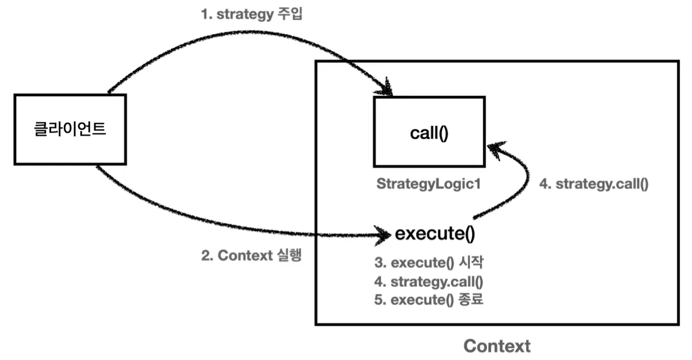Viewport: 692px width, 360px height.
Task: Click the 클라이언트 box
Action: coord(70,130)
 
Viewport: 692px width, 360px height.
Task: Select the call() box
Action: coord(429,132)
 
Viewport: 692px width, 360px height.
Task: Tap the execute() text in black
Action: coord(435,234)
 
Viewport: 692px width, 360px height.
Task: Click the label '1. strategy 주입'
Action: coord(251,14)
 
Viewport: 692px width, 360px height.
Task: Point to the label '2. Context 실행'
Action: coord(251,255)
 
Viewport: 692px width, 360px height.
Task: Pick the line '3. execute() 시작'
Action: coord(429,262)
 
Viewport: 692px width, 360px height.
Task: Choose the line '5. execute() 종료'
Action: coord(428,300)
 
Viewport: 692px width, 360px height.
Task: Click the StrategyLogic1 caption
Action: coord(428,184)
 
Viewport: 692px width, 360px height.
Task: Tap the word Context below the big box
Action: coord(497,346)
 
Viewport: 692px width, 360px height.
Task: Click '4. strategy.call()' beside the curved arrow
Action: coord(594,184)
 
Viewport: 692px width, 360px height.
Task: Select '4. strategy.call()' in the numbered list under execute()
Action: coord(428,281)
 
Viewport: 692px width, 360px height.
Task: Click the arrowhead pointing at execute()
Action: coord(383,235)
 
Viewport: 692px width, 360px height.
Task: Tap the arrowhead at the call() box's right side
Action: coord(496,150)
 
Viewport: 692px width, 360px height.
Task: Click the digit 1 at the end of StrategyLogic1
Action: coord(477,183)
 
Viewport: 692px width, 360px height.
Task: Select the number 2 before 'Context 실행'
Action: coord(205,256)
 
